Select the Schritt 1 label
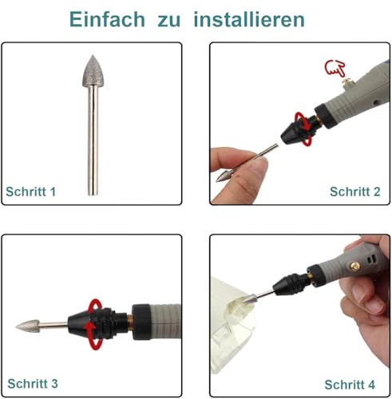[x=32, y=192]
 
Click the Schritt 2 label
[x=356, y=192]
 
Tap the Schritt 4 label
[x=356, y=384]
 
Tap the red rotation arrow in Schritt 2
[x=303, y=121]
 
